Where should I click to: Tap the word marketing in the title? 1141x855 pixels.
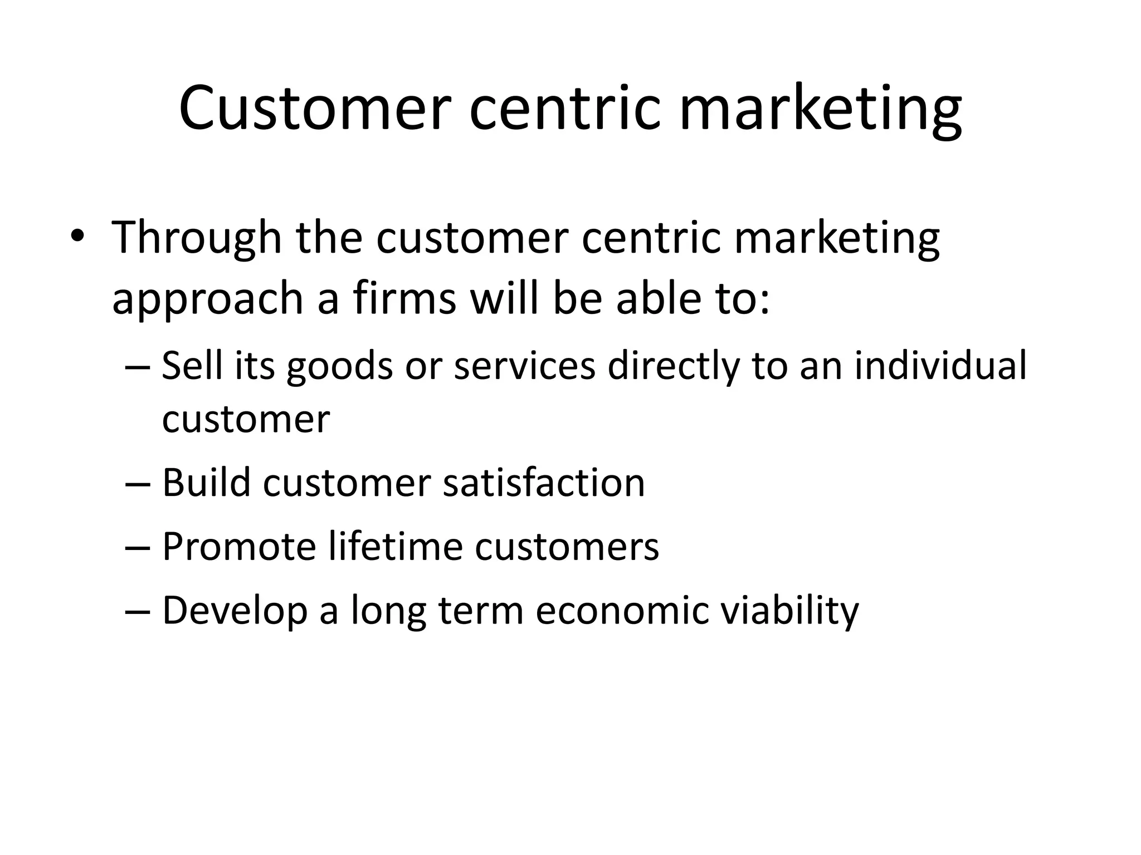(820, 109)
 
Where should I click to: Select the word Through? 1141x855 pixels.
(197, 238)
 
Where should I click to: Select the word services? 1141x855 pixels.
(524, 366)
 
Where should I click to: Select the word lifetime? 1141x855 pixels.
(395, 546)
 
